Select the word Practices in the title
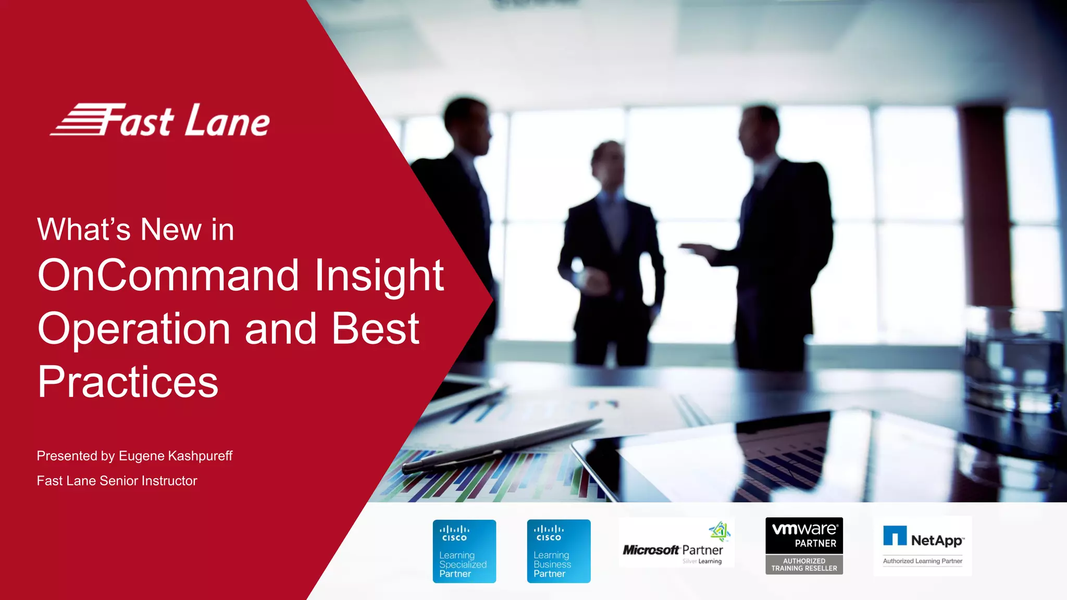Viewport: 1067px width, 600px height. click(x=128, y=382)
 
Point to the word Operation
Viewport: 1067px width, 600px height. click(x=134, y=329)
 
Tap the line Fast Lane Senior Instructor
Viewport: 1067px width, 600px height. click(x=117, y=481)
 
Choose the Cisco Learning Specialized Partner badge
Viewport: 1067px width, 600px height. click(x=464, y=551)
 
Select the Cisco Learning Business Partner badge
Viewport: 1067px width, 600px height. click(x=559, y=551)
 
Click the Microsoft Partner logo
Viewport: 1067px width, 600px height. click(x=676, y=545)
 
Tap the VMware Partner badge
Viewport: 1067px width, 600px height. click(x=804, y=545)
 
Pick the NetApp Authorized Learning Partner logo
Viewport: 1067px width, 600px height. click(x=923, y=545)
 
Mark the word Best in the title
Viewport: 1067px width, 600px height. click(x=375, y=329)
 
